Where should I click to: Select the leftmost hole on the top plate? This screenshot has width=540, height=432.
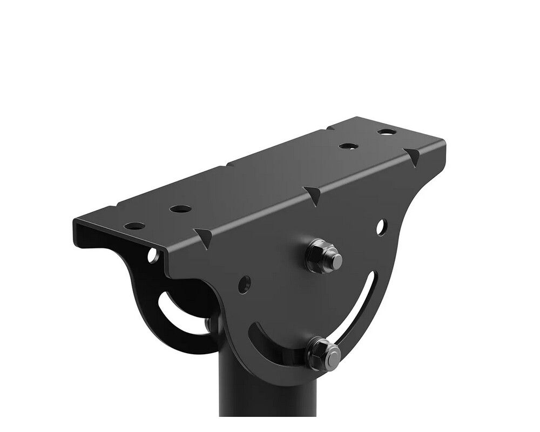coord(134,226)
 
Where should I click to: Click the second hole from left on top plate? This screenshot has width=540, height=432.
coord(180,208)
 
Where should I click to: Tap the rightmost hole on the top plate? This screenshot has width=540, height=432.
coord(387,132)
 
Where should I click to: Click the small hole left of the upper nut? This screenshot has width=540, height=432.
coord(245,282)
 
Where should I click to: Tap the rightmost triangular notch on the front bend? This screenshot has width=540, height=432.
coord(414,157)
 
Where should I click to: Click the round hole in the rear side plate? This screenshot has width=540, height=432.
coord(154,254)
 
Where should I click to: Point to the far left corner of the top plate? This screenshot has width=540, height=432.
coord(76,223)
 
